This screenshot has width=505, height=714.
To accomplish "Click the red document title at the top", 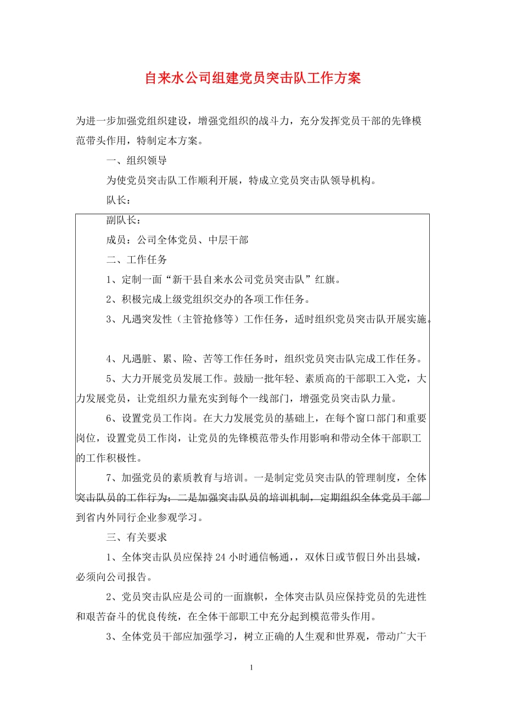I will (x=252, y=78).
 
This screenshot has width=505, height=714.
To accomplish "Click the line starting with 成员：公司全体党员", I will (x=177, y=240).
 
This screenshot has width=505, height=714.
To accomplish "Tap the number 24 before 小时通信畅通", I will (x=221, y=558).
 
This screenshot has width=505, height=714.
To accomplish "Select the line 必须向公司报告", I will (x=114, y=577).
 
